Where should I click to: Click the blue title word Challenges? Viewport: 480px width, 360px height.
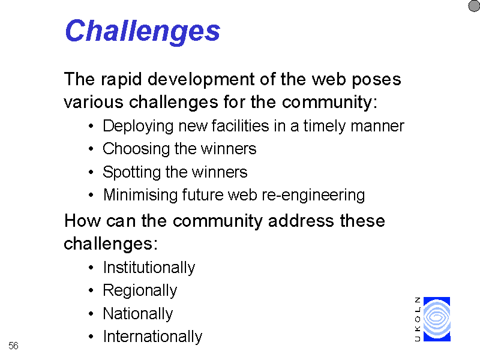tap(143, 32)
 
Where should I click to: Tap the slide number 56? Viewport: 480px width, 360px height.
tap(13, 346)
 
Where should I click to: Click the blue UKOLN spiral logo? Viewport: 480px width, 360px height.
tap(437, 319)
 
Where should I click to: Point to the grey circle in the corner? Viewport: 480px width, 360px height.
tap(474, 6)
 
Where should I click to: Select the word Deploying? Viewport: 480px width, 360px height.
tap(138, 127)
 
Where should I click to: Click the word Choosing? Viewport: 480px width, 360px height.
tap(136, 149)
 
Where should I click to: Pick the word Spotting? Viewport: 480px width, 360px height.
tap(131, 172)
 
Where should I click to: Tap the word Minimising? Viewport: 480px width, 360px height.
tap(140, 195)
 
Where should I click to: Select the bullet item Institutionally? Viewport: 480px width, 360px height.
tap(149, 268)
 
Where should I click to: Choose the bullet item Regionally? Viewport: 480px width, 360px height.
tap(140, 291)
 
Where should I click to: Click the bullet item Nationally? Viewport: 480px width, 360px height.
tap(138, 314)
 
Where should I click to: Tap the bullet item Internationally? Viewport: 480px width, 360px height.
tap(152, 337)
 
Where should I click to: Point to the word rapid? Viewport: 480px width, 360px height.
tap(121, 80)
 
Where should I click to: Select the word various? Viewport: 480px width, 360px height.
tap(94, 102)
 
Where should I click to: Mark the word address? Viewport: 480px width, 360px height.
tap(301, 221)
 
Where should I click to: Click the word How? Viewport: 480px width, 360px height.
tap(82, 221)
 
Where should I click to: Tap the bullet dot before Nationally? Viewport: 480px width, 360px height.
tap(91, 314)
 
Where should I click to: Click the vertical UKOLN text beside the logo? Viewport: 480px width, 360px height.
tap(417, 319)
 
